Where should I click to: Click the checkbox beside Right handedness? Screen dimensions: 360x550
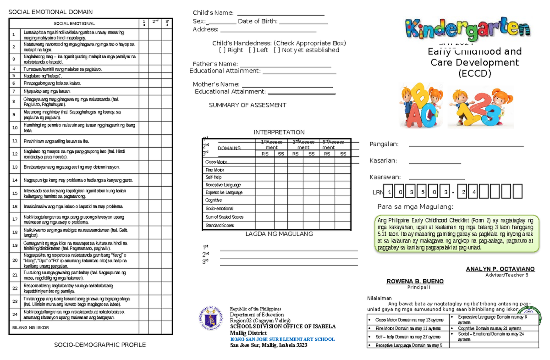click(x=222, y=50)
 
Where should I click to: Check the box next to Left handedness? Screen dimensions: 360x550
click(x=251, y=50)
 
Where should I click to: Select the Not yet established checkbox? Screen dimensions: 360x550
click(x=276, y=50)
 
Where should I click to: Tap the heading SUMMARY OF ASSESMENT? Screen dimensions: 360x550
click(x=247, y=105)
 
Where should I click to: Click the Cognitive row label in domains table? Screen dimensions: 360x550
click(x=214, y=200)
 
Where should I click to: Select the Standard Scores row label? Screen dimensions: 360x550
click(x=220, y=226)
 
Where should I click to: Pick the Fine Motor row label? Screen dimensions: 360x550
click(x=215, y=170)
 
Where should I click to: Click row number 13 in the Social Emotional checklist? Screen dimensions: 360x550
click(x=15, y=167)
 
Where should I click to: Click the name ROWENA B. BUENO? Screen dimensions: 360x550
click(x=415, y=281)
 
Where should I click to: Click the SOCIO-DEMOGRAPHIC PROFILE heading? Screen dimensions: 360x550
click(x=99, y=345)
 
